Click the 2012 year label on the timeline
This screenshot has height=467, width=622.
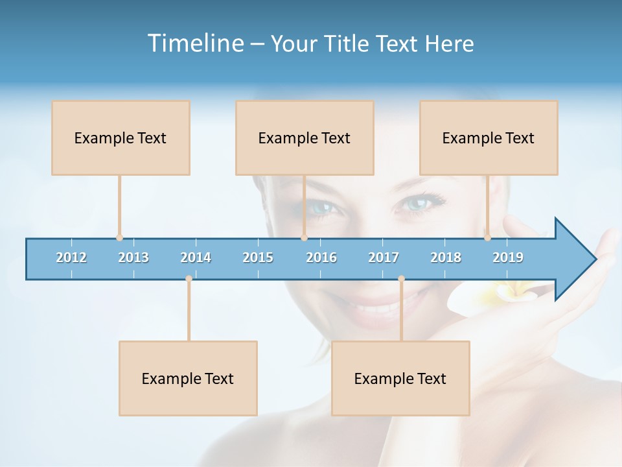pyautogui.click(x=71, y=257)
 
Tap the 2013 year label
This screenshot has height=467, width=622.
pyautogui.click(x=133, y=257)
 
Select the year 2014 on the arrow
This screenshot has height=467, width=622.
pyautogui.click(x=196, y=257)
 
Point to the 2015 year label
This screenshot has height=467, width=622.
pyautogui.click(x=258, y=257)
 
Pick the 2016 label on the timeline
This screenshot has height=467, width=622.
pyautogui.click(x=321, y=257)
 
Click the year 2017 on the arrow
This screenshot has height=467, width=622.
pyautogui.click(x=384, y=257)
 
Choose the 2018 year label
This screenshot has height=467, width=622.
pyautogui.click(x=446, y=257)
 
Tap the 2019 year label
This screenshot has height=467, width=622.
pyautogui.click(x=508, y=257)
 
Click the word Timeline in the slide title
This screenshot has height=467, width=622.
pyautogui.click(x=194, y=43)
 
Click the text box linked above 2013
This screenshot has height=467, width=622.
pyautogui.click(x=121, y=138)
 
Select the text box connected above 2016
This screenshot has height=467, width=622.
pyautogui.click(x=305, y=138)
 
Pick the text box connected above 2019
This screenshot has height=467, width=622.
pyautogui.click(x=489, y=138)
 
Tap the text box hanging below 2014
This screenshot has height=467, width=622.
pyautogui.click(x=188, y=378)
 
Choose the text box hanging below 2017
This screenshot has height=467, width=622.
pyautogui.click(x=400, y=378)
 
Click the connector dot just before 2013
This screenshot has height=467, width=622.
pyautogui.click(x=119, y=238)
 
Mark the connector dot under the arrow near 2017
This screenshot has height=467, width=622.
pyautogui.click(x=401, y=279)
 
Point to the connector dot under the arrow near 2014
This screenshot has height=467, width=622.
pyautogui.click(x=189, y=279)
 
